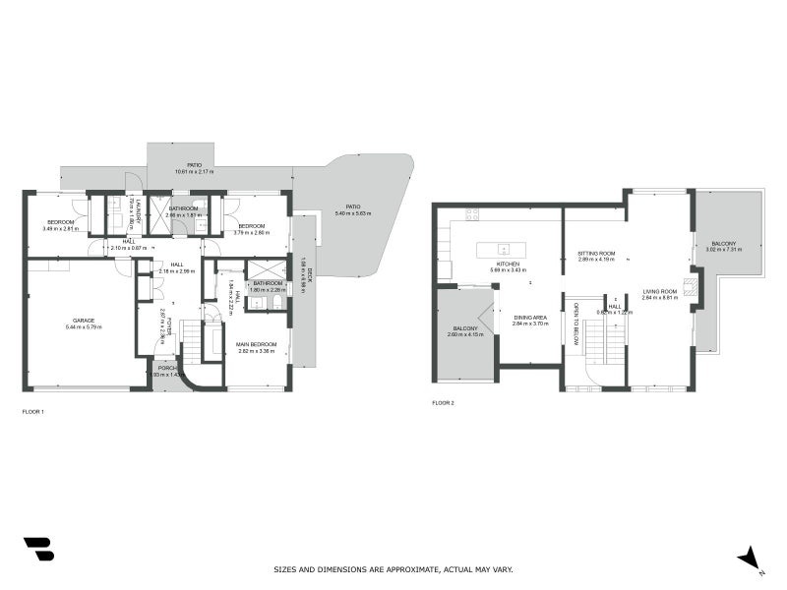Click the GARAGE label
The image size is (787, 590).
tap(84, 321)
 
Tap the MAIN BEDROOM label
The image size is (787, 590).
tap(256, 344)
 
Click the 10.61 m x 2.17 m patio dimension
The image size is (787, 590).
tap(193, 172)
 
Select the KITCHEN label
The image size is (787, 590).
tap(509, 264)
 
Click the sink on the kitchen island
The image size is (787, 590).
tap(503, 248)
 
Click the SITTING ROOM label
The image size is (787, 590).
tap(596, 254)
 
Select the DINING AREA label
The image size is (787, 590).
tap(531, 318)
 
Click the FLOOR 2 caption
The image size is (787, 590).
tap(444, 403)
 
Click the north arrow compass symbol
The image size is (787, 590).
tap(751, 558)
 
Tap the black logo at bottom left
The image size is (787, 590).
tap(38, 549)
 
